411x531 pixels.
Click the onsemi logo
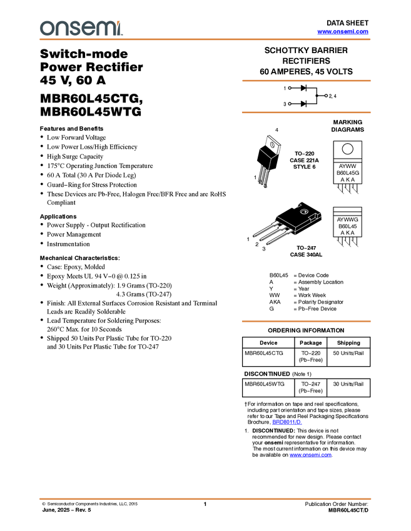(80, 28)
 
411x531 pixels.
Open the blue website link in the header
(343, 31)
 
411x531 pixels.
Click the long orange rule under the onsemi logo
(205, 39)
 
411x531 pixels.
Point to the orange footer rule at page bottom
(205, 499)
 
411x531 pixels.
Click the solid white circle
(347, 149)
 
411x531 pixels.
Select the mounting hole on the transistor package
(304, 212)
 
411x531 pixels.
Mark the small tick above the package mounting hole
(299, 204)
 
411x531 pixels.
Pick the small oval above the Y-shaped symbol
(271, 145)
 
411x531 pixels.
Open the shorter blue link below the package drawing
(287, 422)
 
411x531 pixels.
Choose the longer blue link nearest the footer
(311, 455)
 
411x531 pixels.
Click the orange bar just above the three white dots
(306, 81)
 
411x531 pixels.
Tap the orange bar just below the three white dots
(306, 112)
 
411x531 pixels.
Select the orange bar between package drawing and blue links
(306, 321)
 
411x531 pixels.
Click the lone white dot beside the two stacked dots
(326, 96)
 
